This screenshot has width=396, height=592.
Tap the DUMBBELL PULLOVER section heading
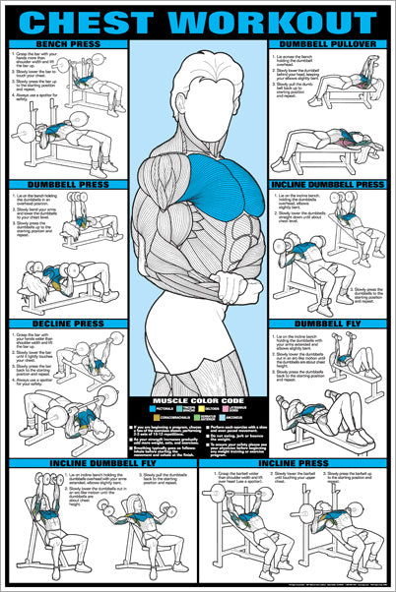(329, 45)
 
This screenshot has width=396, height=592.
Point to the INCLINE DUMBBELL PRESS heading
(329, 184)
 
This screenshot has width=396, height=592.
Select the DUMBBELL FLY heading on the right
(329, 322)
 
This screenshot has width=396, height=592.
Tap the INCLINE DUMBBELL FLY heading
(99, 461)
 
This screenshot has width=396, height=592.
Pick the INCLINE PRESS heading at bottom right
(296, 461)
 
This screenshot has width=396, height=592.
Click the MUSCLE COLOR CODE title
(198, 401)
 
